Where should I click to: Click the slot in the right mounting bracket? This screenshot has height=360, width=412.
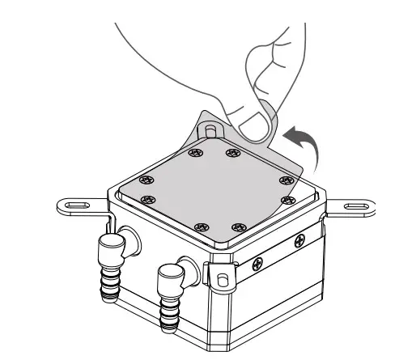(x=355, y=208)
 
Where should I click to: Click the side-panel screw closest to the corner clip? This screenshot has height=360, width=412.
(x=260, y=261)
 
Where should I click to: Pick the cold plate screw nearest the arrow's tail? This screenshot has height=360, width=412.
(x=285, y=179)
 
